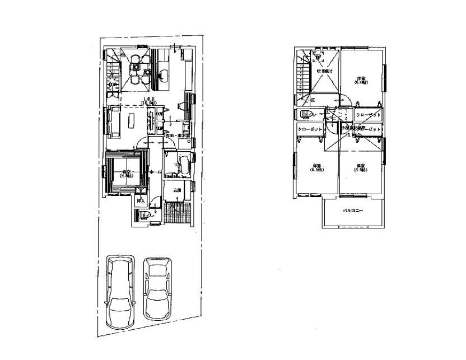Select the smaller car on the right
(157, 288)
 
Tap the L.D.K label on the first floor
(148, 101)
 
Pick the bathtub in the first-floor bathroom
(183, 165)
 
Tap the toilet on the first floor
(142, 216)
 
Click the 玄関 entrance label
(177, 191)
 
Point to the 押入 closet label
(141, 199)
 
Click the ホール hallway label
(157, 172)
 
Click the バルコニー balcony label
(353, 212)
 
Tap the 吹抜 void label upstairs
(325, 72)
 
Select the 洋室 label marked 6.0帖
(361, 80)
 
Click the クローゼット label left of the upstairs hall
(310, 129)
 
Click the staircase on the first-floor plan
(114, 70)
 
